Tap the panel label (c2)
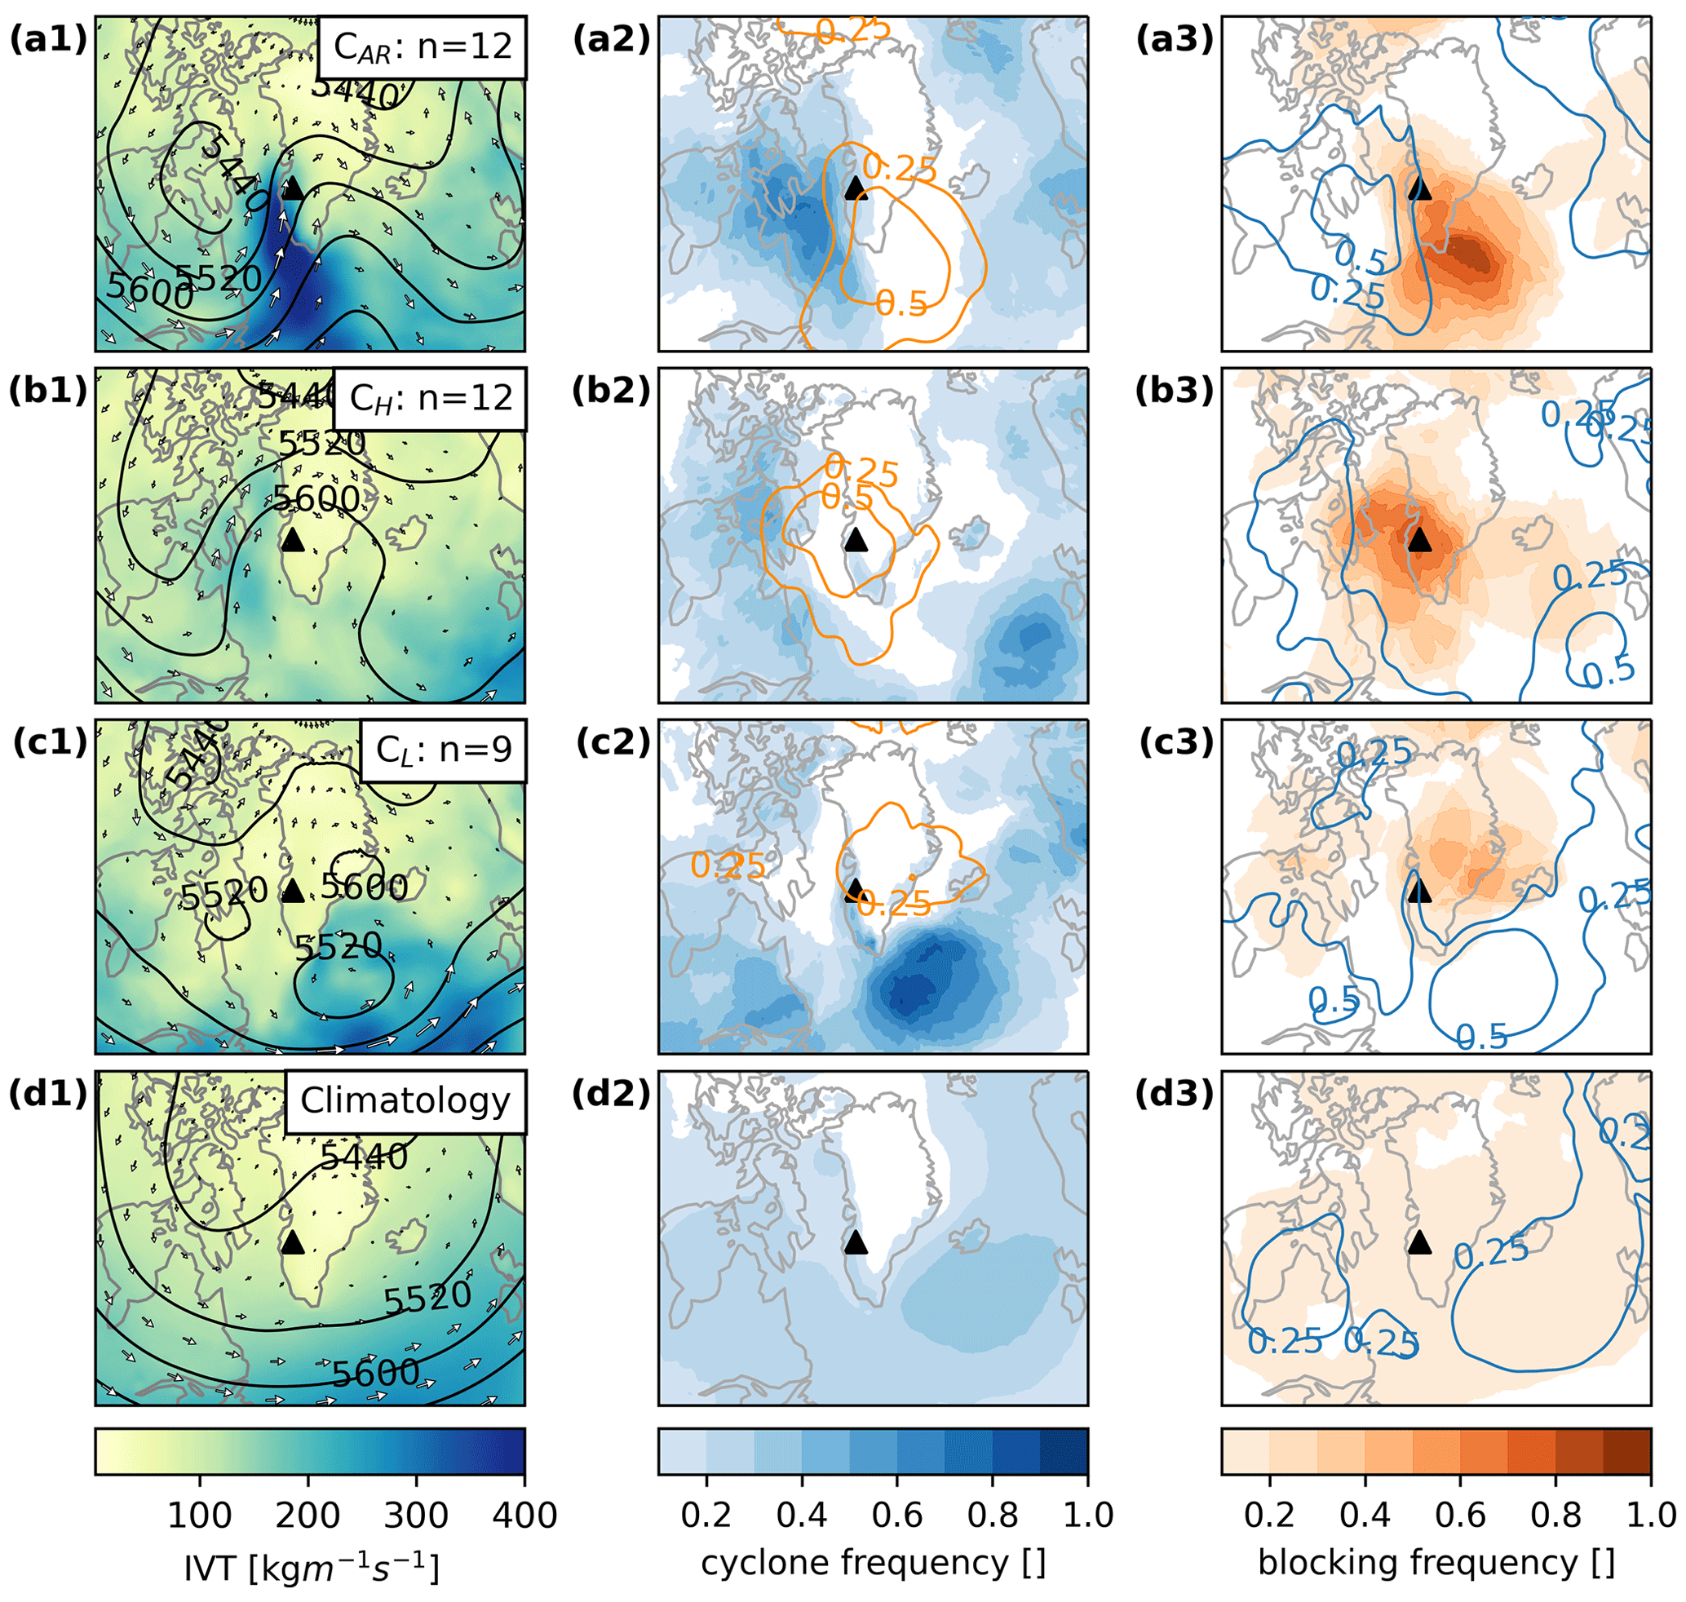point(613,743)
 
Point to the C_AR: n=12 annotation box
point(422,47)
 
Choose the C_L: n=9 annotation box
point(443,750)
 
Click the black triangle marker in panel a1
point(292,188)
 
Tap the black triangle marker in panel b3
point(1418,540)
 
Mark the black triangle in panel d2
point(855,1242)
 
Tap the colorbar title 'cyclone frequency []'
point(873,1563)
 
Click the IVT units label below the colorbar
point(311,1565)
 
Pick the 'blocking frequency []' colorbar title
point(1436,1563)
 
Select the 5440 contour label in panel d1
point(365,1157)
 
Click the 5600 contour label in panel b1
point(315,498)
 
